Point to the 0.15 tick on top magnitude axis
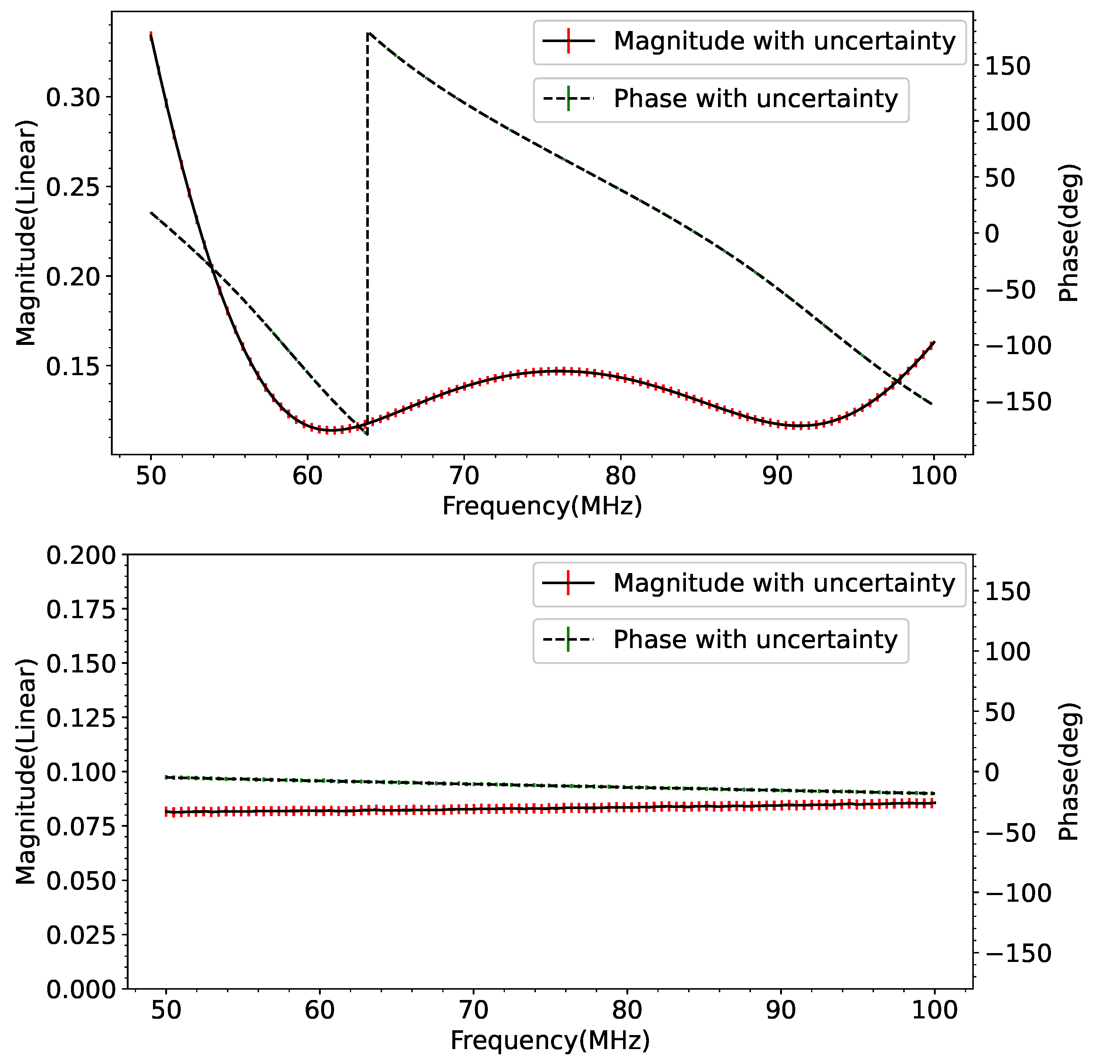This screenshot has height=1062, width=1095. click(x=73, y=366)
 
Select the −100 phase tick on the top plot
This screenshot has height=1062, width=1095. click(x=1018, y=346)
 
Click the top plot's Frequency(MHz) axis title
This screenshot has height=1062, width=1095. click(x=542, y=506)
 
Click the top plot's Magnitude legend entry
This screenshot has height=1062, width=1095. click(x=749, y=42)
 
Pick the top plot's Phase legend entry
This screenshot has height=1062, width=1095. click(x=721, y=99)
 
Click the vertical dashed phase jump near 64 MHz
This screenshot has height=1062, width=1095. click(x=367, y=223)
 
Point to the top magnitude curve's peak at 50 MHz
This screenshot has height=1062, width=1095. click(x=151, y=35)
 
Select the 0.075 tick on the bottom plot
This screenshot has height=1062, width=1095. click(x=81, y=826)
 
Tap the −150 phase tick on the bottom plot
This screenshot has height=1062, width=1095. click(x=1018, y=954)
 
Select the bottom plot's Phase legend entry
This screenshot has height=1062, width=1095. click(x=721, y=640)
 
